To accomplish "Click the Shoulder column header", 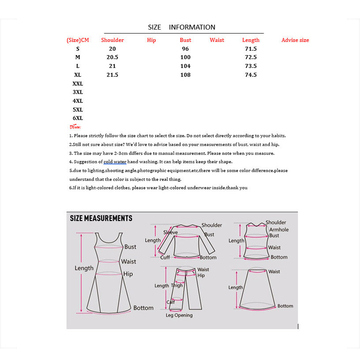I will coord(112,40).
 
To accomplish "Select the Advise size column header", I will coord(295,40).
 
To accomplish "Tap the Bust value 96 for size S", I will coord(185,49).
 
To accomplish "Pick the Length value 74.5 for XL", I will coord(251,75).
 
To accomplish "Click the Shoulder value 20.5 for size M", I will coord(112,57).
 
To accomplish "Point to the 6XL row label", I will coord(78,118).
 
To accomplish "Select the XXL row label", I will coord(78,83).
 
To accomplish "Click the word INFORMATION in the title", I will coord(192,27).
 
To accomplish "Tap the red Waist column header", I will coord(217,40).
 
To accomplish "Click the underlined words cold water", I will coord(115,162).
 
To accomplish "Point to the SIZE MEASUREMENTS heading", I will coord(101,218).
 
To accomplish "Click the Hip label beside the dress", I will coord(128,274).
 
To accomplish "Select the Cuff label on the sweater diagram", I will coord(165,257).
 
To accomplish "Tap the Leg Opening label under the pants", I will coord(179,315).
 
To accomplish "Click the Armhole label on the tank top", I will coord(279,229).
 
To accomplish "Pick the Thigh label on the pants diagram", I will coord(177,285).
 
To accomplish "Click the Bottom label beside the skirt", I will coord(285,306).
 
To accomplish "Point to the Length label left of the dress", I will coord(84,268).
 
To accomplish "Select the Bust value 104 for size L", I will coord(185,66).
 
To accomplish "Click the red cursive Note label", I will coord(75,127).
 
